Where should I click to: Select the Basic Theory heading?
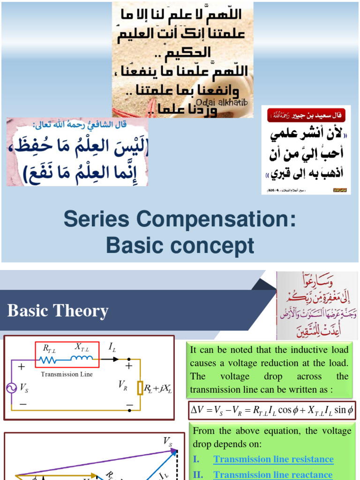point(58,311)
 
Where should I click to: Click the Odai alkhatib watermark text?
point(221,103)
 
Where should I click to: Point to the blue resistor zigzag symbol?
point(48,360)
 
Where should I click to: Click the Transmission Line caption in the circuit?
point(67,374)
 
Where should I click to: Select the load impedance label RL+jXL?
point(158,389)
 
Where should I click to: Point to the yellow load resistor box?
point(139,388)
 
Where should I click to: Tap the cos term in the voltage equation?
point(285,410)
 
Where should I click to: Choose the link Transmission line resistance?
point(273,459)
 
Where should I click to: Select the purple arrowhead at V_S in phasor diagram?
point(174,451)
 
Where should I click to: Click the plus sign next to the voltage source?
point(22,367)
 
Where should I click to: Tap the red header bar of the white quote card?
point(306,115)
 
